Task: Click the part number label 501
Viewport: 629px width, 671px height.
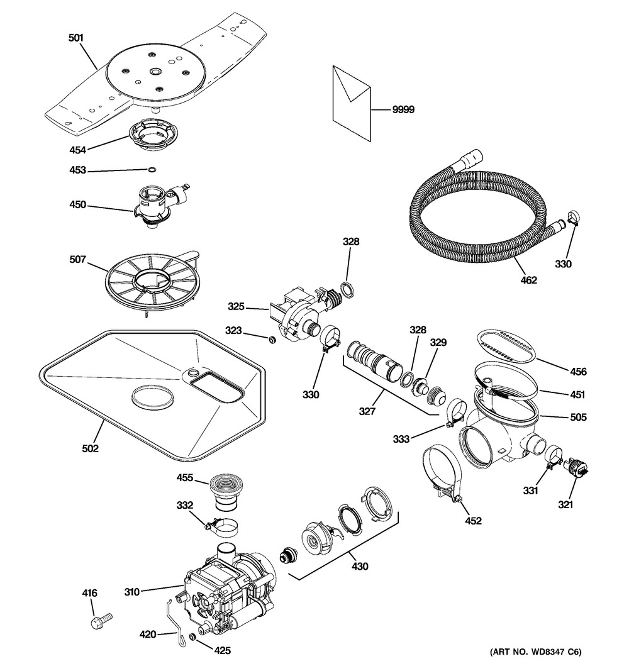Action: coord(75,38)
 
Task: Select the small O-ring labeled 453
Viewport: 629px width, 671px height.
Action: coord(152,169)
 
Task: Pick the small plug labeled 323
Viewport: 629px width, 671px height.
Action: coord(272,340)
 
